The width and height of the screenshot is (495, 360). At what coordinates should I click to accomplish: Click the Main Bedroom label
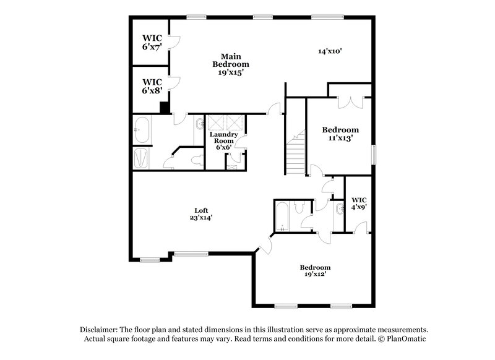(x=230, y=64)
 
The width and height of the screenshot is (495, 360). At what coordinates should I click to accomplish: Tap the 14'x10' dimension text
(x=330, y=52)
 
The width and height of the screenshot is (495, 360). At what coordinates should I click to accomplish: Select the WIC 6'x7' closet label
(x=152, y=41)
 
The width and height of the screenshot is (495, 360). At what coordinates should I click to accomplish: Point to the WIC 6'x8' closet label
(x=152, y=85)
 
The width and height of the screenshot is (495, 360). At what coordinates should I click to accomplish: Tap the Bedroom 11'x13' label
(x=340, y=134)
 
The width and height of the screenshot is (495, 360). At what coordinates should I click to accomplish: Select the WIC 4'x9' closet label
(x=359, y=204)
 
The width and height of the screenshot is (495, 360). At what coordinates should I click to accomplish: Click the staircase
(x=295, y=152)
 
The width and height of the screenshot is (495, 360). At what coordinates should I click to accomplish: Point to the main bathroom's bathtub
(x=144, y=130)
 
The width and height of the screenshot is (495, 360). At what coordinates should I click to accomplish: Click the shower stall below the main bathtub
(x=142, y=158)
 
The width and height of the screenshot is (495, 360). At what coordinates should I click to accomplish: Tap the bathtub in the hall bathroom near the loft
(x=282, y=216)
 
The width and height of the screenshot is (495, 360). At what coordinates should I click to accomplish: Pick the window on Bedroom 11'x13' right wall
(x=373, y=155)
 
